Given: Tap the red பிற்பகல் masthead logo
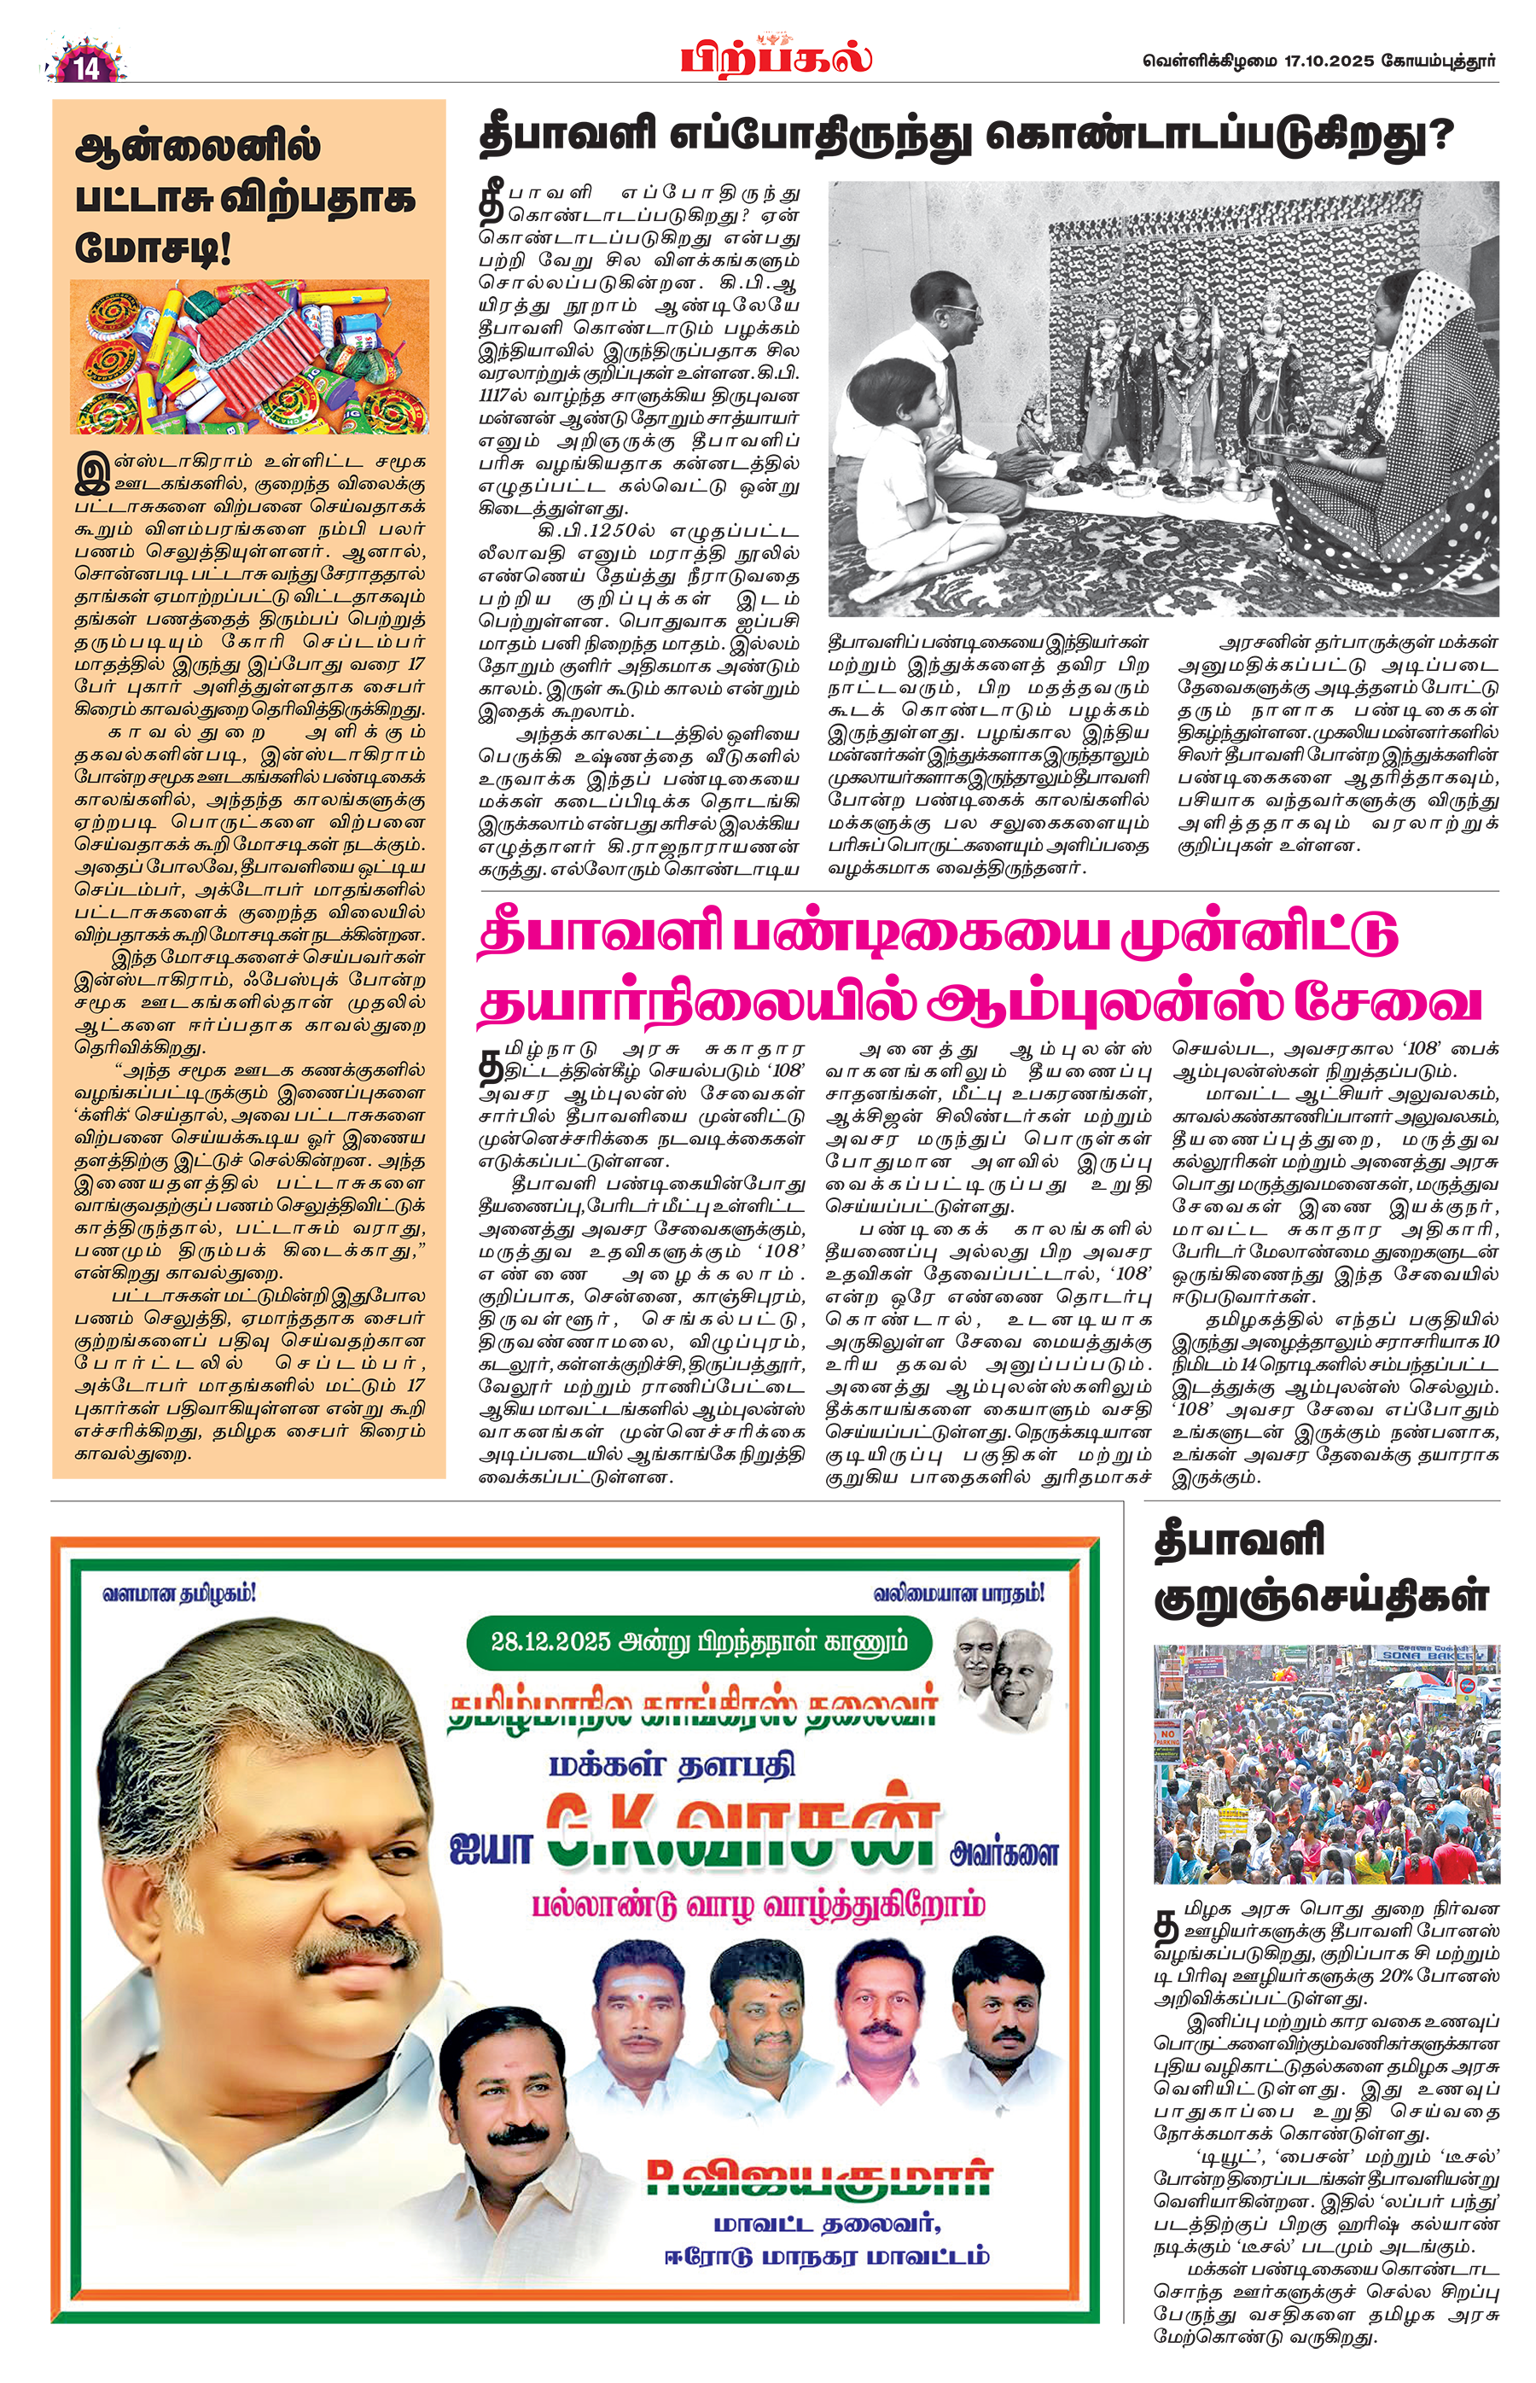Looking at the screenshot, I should click(776, 57).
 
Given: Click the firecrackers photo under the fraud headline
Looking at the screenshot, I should click(249, 356).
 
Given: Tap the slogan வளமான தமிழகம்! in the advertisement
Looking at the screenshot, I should click(179, 1594).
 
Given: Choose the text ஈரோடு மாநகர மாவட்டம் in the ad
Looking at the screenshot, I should click(827, 2258).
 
